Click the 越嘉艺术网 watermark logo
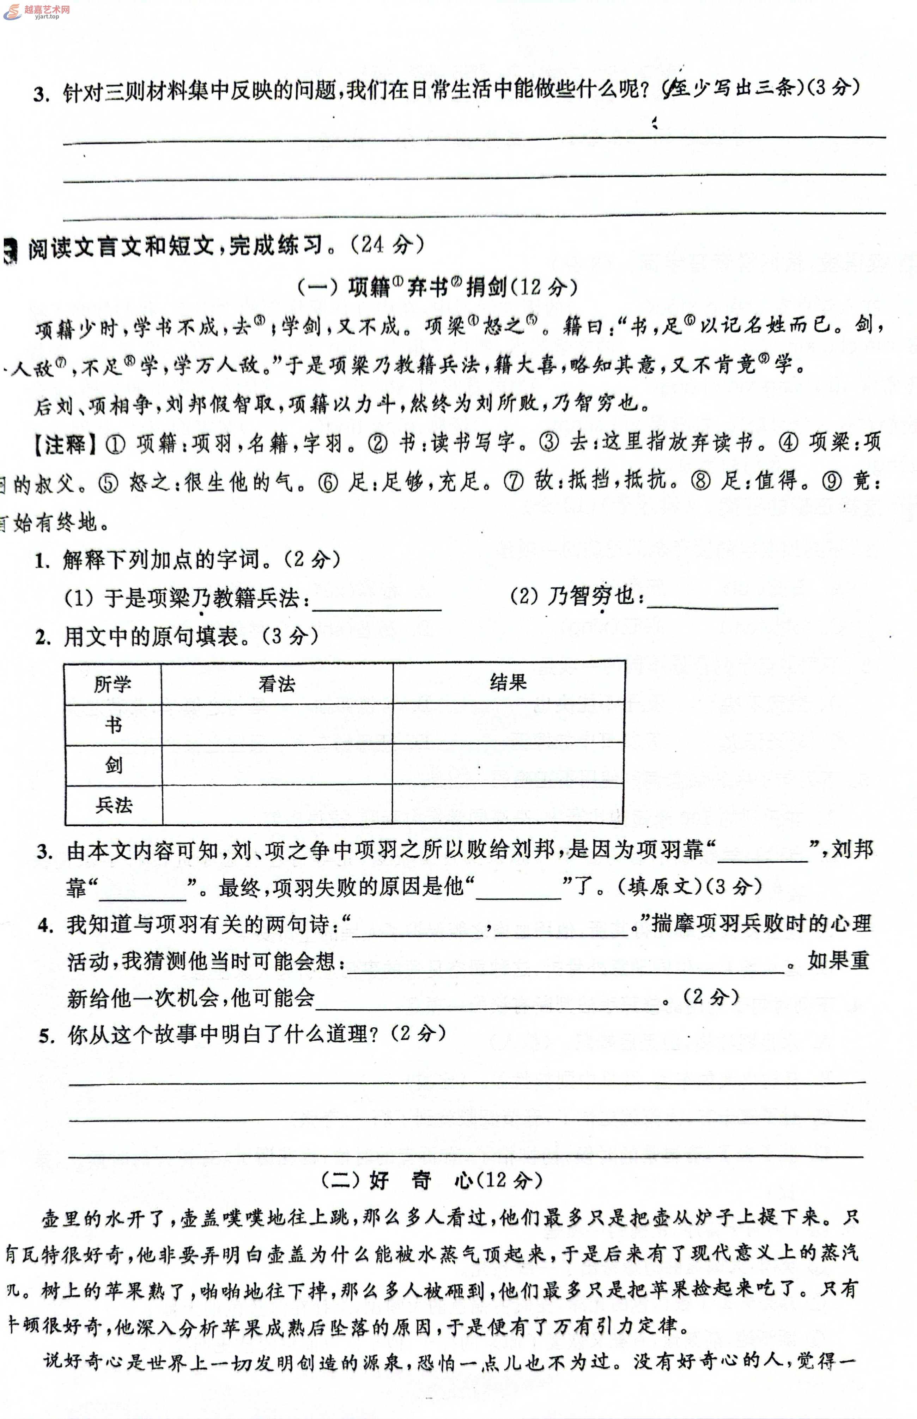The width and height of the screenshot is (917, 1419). pos(37,11)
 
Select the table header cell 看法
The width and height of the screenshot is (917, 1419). pos(277,684)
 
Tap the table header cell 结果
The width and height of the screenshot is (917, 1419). pos(508,683)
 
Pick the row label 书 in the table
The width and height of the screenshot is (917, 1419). pos(113,725)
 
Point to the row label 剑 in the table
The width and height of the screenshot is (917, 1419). pos(113,765)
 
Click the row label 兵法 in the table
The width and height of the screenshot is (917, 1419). pos(113,805)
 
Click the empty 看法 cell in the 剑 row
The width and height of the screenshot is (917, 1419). pos(277,765)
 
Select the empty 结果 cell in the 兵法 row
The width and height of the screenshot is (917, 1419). pos(508,805)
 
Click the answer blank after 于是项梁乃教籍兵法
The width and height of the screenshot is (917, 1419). pos(377,601)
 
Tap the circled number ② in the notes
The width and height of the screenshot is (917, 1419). pos(377,444)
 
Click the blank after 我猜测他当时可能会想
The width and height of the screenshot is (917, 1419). pos(566,962)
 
